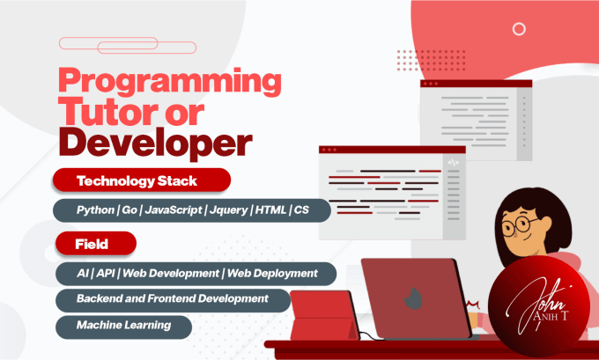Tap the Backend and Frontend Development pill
(x=174, y=299)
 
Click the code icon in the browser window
(x=453, y=162)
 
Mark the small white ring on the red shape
(x=520, y=29)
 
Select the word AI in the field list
(x=84, y=273)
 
